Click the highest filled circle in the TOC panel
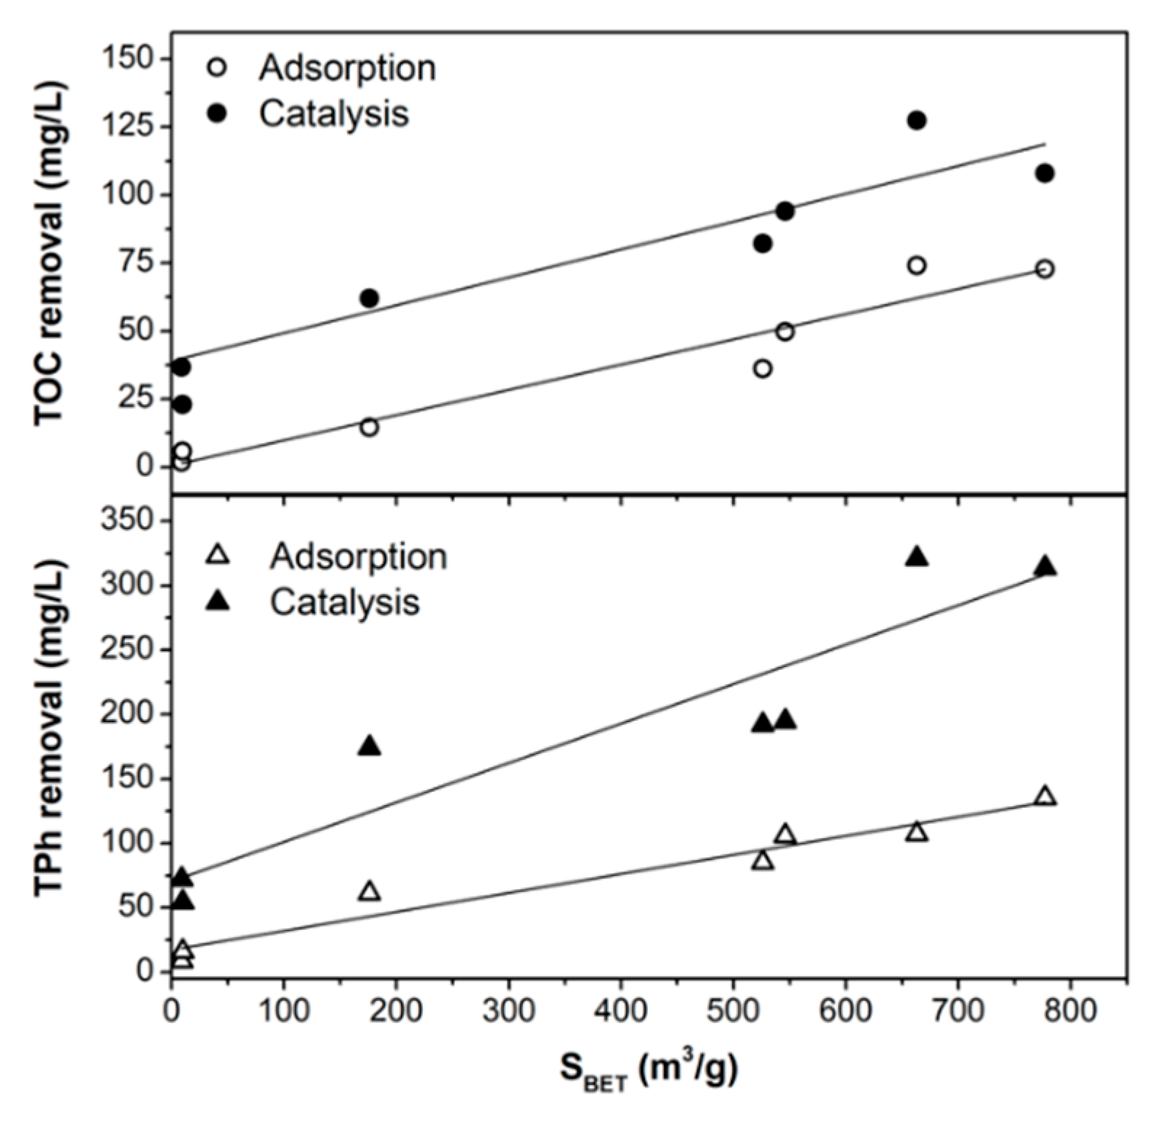(917, 120)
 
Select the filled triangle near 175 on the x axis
(370, 747)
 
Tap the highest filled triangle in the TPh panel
(917, 557)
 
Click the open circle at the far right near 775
(1044, 269)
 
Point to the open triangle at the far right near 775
(1045, 796)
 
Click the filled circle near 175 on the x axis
(369, 298)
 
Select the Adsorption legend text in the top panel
(347, 68)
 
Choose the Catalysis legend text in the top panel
(334, 114)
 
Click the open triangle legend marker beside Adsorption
(217, 557)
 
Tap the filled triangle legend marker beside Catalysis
(217, 602)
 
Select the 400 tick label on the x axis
(621, 1011)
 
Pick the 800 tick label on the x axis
(1070, 1011)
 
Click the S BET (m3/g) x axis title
(649, 1070)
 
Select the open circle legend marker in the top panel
(216, 68)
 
